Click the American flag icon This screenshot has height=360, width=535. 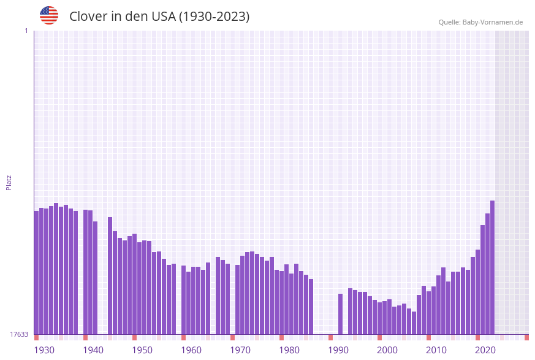pyautogui.click(x=49, y=15)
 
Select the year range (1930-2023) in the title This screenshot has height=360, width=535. pyautogui.click(x=214, y=17)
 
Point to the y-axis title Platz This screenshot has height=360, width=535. pyautogui.click(x=9, y=182)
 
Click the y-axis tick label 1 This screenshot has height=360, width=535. pyautogui.click(x=26, y=31)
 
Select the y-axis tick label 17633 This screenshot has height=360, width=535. pyautogui.click(x=19, y=334)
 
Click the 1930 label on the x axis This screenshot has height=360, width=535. pyautogui.click(x=44, y=350)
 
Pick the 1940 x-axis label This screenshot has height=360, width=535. pyautogui.click(x=93, y=350)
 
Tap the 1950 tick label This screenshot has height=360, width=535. pyautogui.click(x=142, y=350)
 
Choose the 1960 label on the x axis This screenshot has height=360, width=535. pyautogui.click(x=191, y=350)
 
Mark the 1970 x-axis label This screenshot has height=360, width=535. pyautogui.click(x=240, y=350)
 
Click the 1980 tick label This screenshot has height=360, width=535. pyautogui.click(x=289, y=350)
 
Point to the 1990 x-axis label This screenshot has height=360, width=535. pyautogui.click(x=338, y=350)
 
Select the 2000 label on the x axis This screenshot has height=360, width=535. pyautogui.click(x=387, y=350)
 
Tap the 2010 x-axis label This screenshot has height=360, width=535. pyautogui.click(x=436, y=350)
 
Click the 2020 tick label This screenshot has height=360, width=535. pyautogui.click(x=485, y=350)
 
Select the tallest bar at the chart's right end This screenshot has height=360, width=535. pyautogui.click(x=492, y=267)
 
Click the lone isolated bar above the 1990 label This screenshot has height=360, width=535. pyautogui.click(x=340, y=314)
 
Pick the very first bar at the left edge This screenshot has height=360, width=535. pyautogui.click(x=36, y=272)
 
